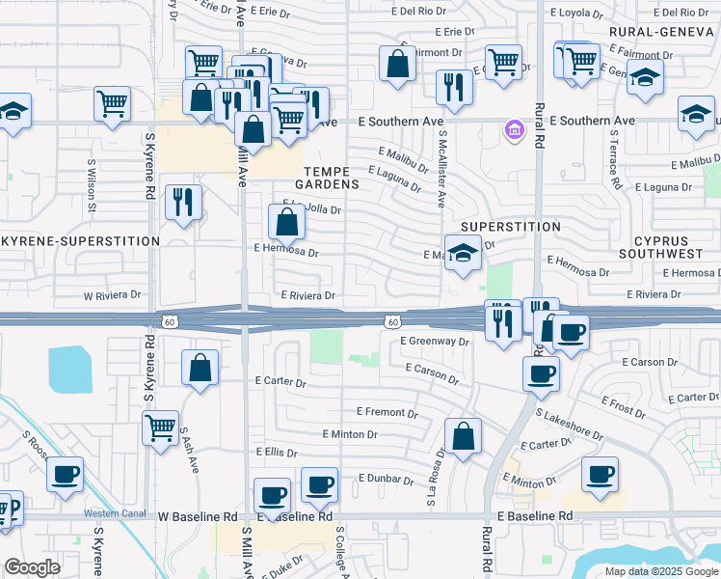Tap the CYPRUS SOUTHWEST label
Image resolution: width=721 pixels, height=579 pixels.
pyautogui.click(x=667, y=246)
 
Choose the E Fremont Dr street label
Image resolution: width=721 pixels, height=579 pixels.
pyautogui.click(x=387, y=412)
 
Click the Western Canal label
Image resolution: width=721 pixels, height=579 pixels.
pyautogui.click(x=112, y=512)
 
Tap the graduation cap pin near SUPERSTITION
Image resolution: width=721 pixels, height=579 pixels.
pyautogui.click(x=463, y=255)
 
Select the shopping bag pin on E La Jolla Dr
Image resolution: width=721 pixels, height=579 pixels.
pyautogui.click(x=287, y=222)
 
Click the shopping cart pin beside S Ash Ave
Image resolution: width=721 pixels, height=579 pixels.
pyautogui.click(x=160, y=427)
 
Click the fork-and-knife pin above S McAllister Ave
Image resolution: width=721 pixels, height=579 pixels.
pyautogui.click(x=452, y=88)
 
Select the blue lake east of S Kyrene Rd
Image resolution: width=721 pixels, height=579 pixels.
pyautogui.click(x=78, y=368)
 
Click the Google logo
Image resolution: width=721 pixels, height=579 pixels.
pyautogui.click(x=32, y=567)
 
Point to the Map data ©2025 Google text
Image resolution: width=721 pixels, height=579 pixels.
pyautogui.click(x=662, y=571)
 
